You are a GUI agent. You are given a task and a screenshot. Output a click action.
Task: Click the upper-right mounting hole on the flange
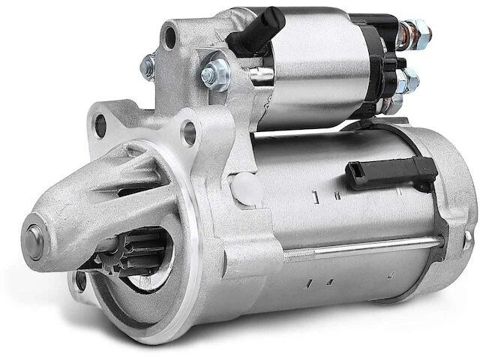pos(189,133)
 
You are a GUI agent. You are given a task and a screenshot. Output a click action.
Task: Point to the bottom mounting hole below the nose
pos(81,281)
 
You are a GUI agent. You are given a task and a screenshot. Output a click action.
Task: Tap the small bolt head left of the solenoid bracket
pos(148,67)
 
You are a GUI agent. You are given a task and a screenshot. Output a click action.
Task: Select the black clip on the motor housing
pos(391,172)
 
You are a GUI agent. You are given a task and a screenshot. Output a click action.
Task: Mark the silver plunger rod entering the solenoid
pos(260,73)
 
